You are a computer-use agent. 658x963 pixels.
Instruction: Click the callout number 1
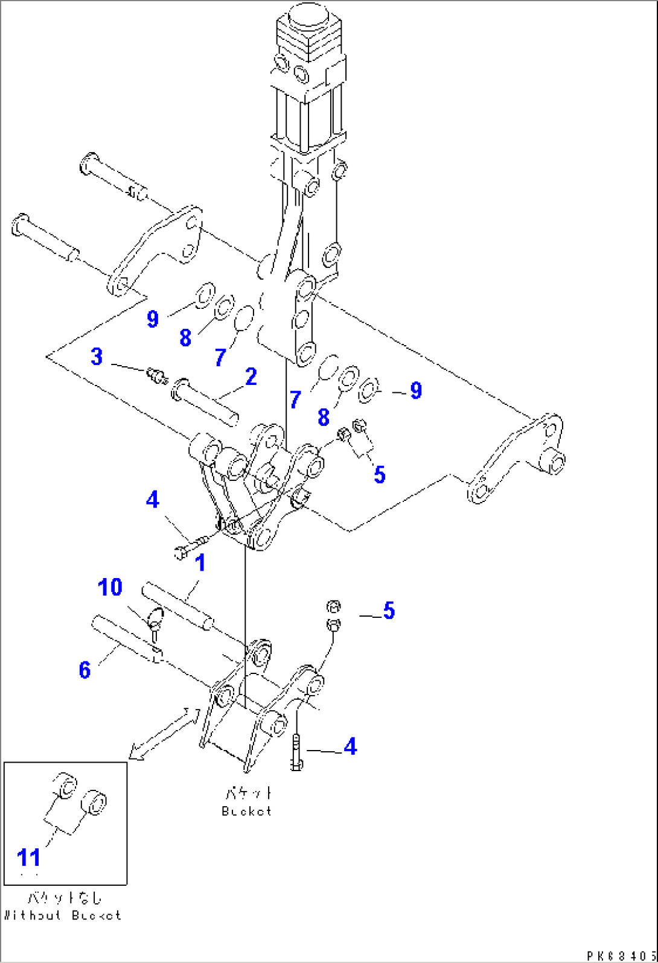pos(200,563)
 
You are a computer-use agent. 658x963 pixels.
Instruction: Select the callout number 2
pos(251,377)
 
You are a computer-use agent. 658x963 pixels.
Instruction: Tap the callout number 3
pos(97,357)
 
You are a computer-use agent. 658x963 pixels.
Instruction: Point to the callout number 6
pos(85,669)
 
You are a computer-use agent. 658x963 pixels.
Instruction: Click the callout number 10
pos(110,587)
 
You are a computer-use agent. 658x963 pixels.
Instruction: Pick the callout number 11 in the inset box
pos(28,857)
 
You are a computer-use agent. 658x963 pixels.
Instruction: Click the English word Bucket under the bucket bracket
pos(246,811)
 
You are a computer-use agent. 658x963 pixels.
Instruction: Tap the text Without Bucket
pos(62,915)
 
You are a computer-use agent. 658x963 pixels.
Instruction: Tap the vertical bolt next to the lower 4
pos(296,752)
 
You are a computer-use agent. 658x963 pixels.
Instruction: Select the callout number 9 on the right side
pos(416,391)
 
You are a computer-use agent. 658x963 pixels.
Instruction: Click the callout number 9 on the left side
pos(152,318)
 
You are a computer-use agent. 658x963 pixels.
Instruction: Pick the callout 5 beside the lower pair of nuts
pos(389,611)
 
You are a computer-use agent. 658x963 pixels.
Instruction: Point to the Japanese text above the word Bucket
pos(248,792)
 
